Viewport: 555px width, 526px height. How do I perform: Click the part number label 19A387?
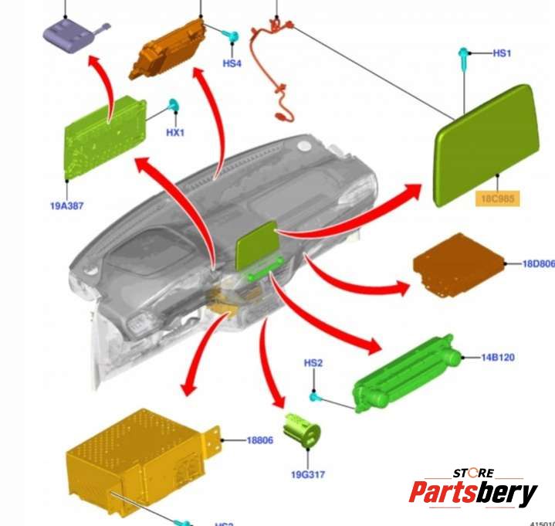point(67,205)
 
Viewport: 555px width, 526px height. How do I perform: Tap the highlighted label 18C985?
point(497,199)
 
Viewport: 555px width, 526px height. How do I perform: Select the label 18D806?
point(538,263)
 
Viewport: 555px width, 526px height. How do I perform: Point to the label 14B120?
point(498,358)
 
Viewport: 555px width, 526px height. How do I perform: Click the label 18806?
point(259,440)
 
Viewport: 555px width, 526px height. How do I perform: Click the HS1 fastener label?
point(502,53)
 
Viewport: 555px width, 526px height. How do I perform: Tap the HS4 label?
point(232,63)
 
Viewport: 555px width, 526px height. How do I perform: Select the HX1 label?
point(176,132)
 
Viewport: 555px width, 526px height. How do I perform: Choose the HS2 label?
point(313,362)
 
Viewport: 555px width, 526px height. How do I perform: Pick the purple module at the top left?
point(69,35)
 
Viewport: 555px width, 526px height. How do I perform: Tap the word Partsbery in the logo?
point(472,492)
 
